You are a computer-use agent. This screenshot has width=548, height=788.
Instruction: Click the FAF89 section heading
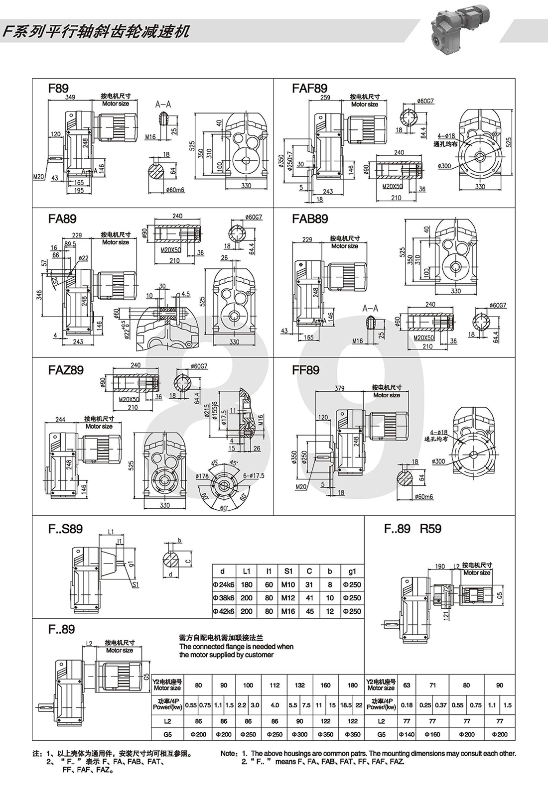coord(309,89)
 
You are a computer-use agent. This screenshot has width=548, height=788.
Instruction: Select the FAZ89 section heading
coord(66,370)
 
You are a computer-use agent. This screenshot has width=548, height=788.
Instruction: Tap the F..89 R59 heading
coord(412,529)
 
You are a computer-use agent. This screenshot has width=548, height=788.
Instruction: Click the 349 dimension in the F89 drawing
coord(70,97)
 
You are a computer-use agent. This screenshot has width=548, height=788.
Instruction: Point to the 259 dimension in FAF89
coord(325,98)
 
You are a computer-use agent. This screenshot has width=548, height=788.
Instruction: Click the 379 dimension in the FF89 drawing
coord(340,389)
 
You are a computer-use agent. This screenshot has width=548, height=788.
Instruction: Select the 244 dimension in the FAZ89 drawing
coord(60,419)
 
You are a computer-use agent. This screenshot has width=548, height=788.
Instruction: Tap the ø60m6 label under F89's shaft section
coord(174,190)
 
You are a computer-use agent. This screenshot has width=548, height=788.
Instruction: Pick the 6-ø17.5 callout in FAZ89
coord(254,476)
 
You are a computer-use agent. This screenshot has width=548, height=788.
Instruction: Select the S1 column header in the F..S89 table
coord(288,571)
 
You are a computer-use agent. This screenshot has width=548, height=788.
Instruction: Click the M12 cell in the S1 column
coord(288,598)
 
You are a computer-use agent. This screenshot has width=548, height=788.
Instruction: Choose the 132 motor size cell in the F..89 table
coord(299,685)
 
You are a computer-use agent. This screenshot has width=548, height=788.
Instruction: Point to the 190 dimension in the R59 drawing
coord(440,566)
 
